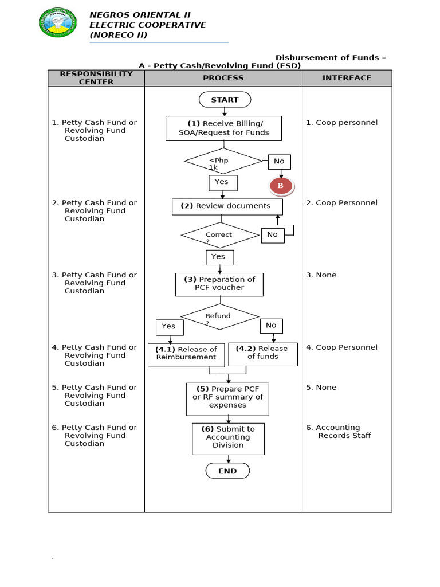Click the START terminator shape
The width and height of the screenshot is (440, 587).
pos(225,100)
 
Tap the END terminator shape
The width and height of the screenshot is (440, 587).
pos(227,471)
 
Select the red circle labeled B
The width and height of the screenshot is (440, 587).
pos(281,186)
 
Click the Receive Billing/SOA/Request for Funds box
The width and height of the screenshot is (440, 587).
pos(223,128)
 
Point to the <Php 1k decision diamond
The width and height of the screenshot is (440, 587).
pos(223,161)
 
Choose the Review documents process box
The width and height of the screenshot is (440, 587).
pos(228,206)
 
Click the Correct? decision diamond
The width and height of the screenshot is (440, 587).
pos(221,235)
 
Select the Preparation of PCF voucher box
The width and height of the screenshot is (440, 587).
pos(219,284)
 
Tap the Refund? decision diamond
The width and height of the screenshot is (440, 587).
pos(220,316)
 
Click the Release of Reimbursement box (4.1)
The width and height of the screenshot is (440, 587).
pos(186,354)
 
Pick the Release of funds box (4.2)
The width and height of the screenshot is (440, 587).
pos(263,353)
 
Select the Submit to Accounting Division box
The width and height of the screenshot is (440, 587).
pos(228,438)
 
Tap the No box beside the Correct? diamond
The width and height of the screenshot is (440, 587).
pos(273,234)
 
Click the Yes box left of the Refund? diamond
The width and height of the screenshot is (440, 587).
pos(169,327)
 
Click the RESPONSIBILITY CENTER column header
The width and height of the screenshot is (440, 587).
pos(96,78)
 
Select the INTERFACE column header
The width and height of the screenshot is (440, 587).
pos(347,78)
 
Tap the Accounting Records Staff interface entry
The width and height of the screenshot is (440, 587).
pos(340,432)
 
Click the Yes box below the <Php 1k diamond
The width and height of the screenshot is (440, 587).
pos(222,182)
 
